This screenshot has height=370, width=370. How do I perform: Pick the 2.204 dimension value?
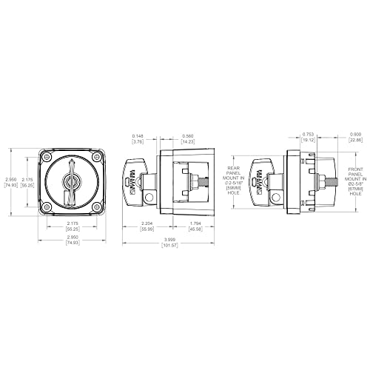pyautogui.click(x=147, y=225)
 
